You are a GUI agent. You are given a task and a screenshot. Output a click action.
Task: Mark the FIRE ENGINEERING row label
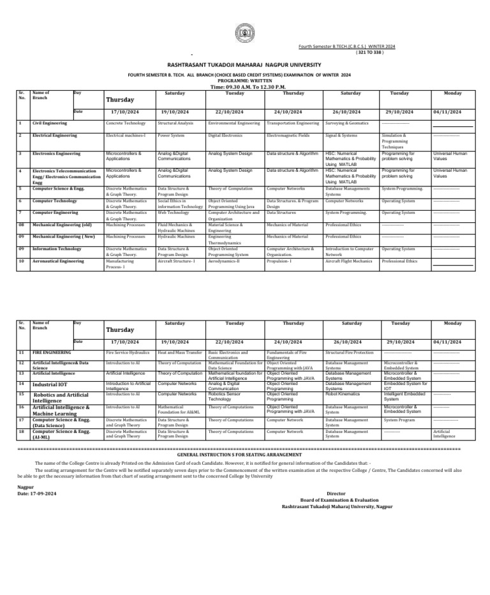pyautogui.click(x=52, y=352)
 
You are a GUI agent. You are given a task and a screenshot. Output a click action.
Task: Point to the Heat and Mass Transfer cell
pyautogui.click(x=180, y=352)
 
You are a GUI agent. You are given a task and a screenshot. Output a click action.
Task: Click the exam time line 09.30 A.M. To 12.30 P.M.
pyautogui.click(x=245, y=87)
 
